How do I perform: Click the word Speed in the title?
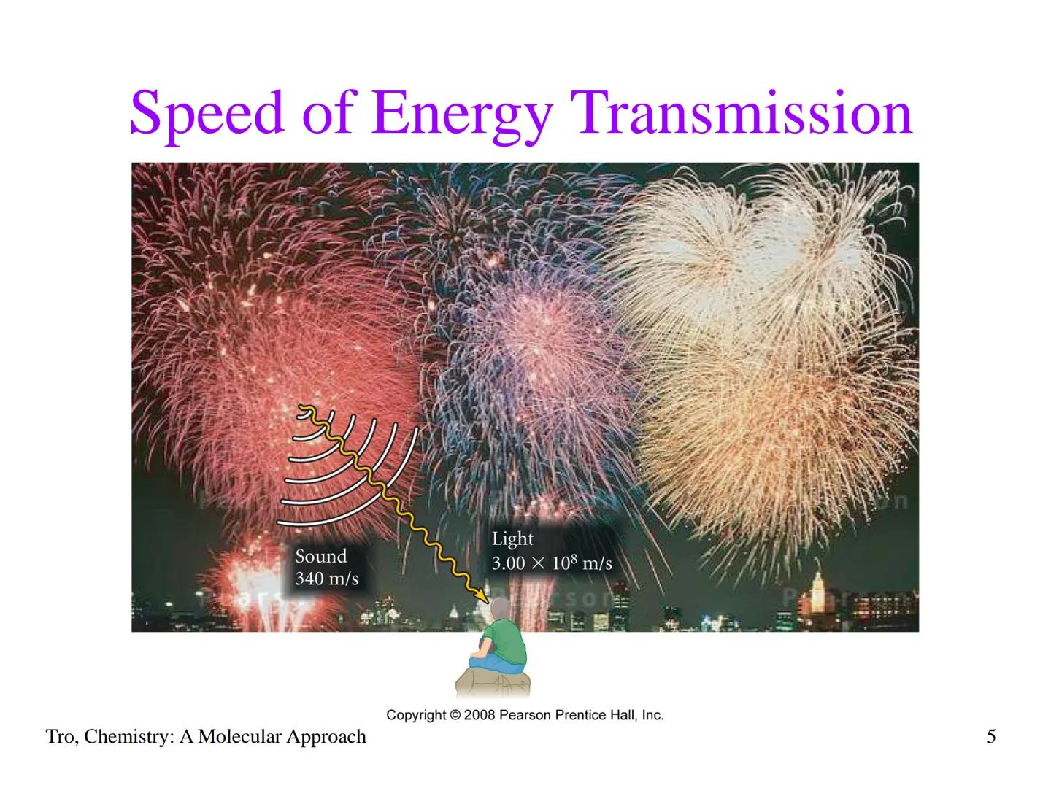(206, 113)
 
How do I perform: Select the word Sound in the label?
(320, 557)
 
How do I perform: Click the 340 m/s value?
(326, 579)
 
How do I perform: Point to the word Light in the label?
(512, 539)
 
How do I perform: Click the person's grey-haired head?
(501, 609)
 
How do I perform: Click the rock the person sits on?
(494, 684)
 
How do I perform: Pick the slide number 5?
(990, 737)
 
